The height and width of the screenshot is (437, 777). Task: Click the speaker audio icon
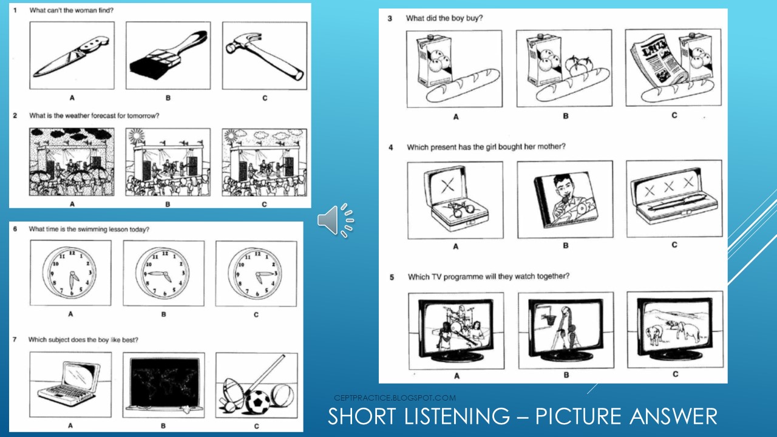[x=335, y=220]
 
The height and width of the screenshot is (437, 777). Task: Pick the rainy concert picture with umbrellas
[x=72, y=161]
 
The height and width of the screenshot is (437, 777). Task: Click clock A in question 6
[x=70, y=273]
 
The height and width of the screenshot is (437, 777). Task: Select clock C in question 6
[x=256, y=273]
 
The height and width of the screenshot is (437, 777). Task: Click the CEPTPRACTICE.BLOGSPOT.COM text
[x=395, y=398]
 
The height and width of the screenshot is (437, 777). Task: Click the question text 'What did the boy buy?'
[x=444, y=18]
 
